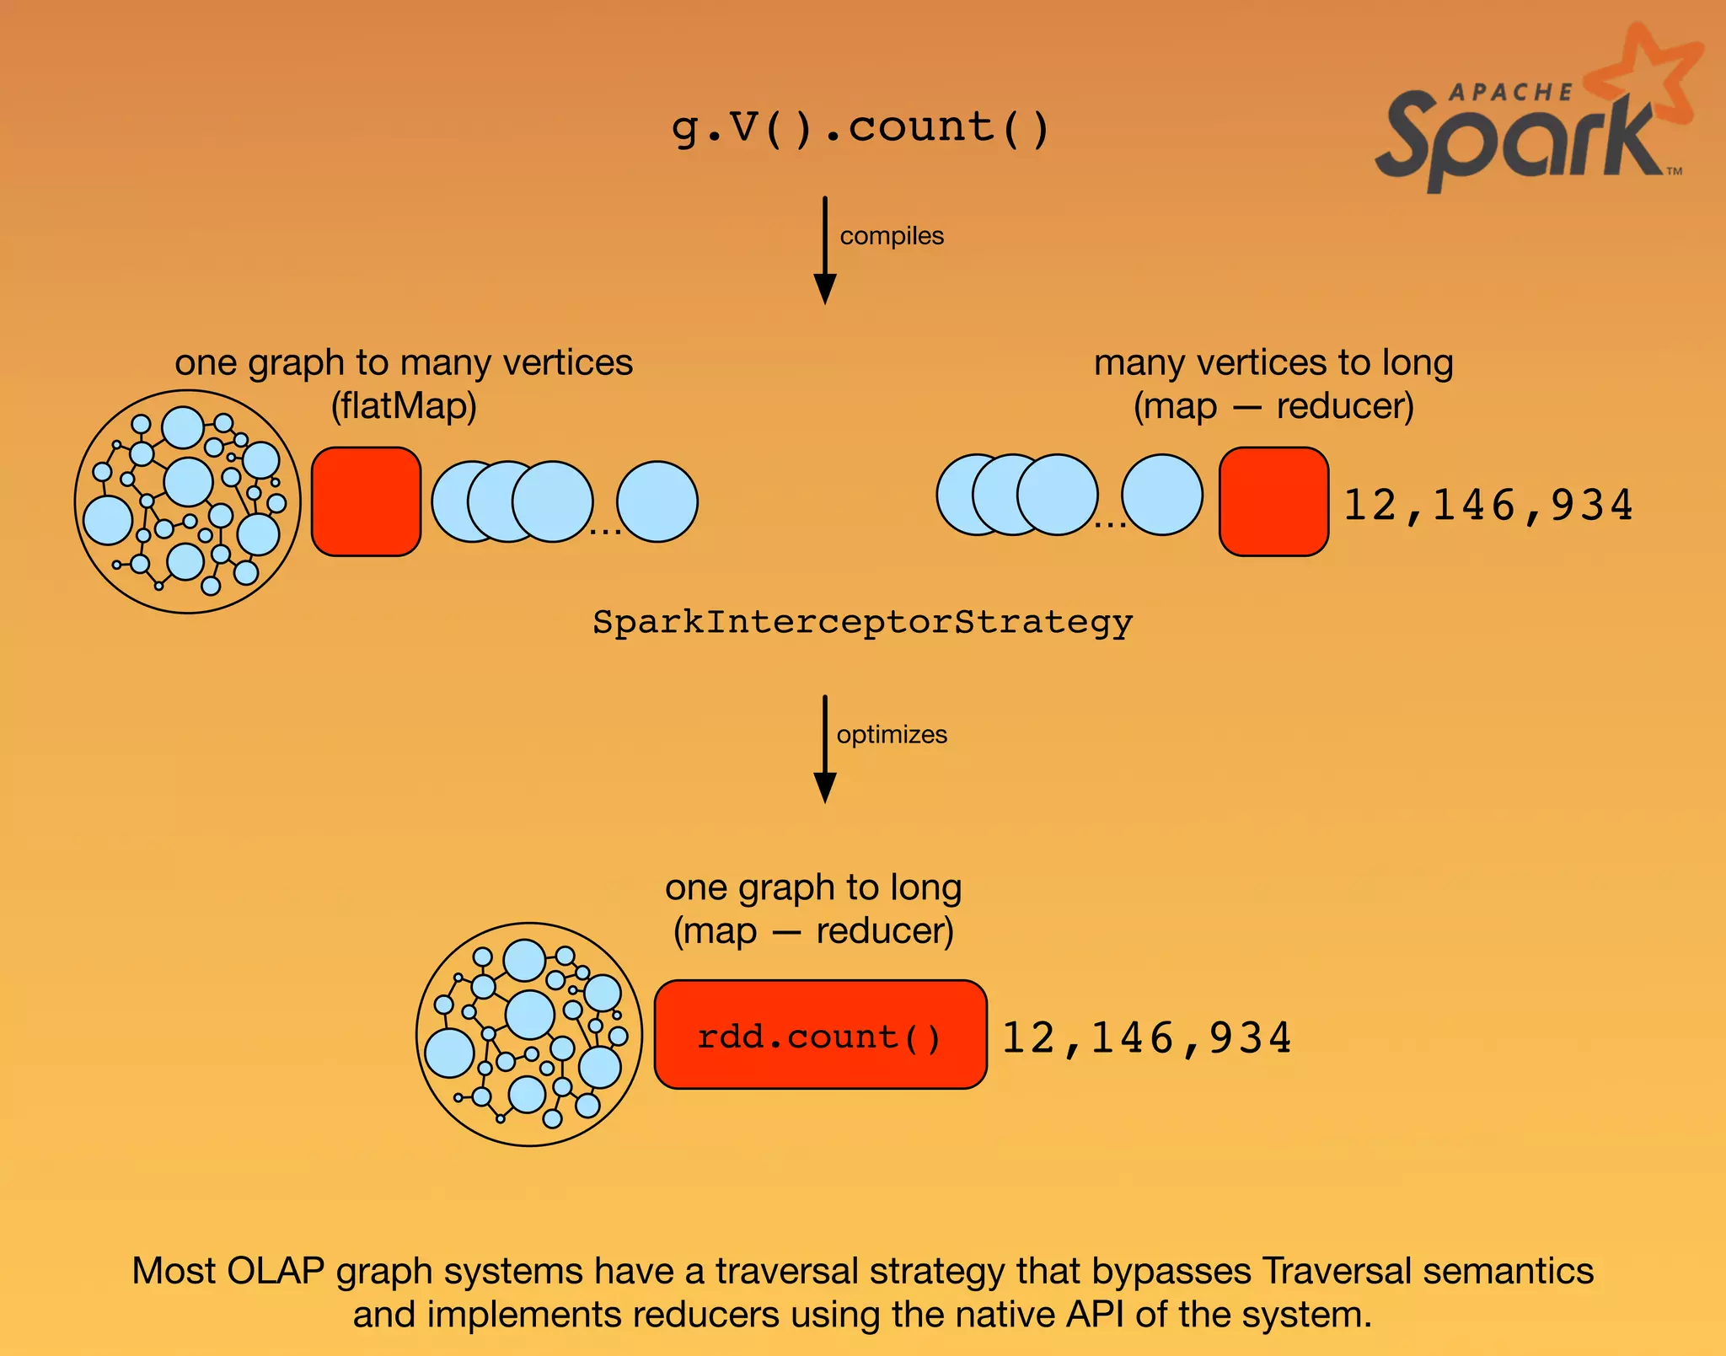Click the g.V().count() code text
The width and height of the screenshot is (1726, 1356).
(860, 129)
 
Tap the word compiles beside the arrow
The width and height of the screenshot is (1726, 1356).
(891, 236)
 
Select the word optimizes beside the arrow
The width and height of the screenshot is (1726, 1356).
(891, 735)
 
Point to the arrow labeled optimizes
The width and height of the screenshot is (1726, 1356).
(825, 749)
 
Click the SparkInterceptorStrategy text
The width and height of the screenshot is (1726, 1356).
(862, 623)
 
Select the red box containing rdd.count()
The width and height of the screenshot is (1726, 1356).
(820, 1035)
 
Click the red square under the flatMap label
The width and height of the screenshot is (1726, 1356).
(366, 501)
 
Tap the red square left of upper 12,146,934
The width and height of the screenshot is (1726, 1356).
(1273, 501)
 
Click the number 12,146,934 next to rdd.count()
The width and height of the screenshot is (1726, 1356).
(1146, 1037)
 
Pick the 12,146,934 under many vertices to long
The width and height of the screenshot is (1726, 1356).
(1487, 505)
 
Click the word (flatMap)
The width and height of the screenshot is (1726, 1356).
(403, 406)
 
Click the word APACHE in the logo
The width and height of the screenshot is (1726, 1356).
(1510, 92)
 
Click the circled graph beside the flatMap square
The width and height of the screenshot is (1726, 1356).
(187, 501)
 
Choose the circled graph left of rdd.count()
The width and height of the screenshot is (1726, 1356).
(529, 1034)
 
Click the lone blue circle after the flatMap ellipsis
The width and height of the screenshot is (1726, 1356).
(657, 501)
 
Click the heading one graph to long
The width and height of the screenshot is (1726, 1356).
(812, 887)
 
